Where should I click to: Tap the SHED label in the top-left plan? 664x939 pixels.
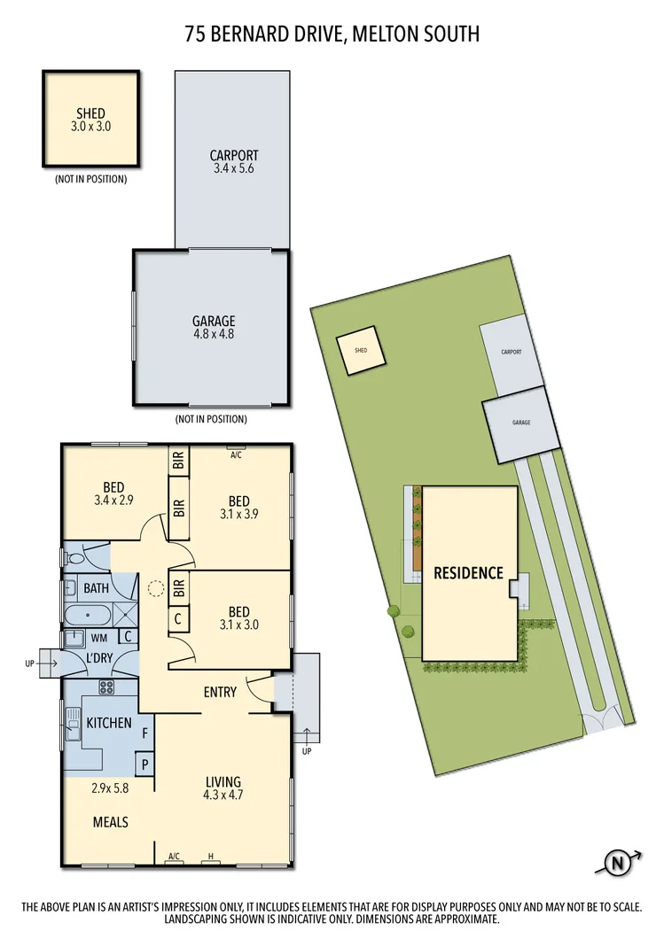pyautogui.click(x=90, y=119)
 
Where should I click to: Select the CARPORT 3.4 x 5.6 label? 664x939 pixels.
pyautogui.click(x=234, y=162)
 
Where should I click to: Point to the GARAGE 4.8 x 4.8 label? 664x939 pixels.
pyautogui.click(x=214, y=328)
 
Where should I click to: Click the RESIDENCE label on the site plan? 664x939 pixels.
pyautogui.click(x=468, y=573)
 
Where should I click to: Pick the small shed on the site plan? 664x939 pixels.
pyautogui.click(x=361, y=350)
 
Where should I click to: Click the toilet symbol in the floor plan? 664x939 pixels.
pyautogui.click(x=76, y=559)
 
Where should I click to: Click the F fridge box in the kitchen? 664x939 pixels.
pyautogui.click(x=145, y=732)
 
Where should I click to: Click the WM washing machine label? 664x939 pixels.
pyautogui.click(x=98, y=636)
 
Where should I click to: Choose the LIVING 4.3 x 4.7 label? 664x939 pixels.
pyautogui.click(x=223, y=788)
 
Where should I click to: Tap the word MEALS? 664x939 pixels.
pyautogui.click(x=111, y=822)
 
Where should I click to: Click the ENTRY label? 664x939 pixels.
pyautogui.click(x=220, y=692)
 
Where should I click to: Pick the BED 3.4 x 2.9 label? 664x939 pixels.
pyautogui.click(x=113, y=493)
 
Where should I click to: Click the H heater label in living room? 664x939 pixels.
pyautogui.click(x=210, y=856)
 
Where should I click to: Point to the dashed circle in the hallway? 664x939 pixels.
pyautogui.click(x=156, y=587)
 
